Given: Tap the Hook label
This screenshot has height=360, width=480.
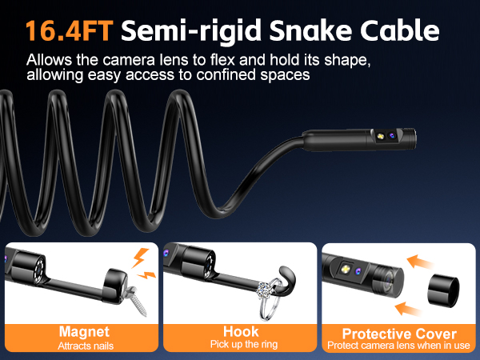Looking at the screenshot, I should (x=239, y=330).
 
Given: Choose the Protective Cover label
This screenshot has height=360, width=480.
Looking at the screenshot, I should (x=399, y=333).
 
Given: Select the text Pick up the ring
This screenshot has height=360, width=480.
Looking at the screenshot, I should (x=239, y=346).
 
